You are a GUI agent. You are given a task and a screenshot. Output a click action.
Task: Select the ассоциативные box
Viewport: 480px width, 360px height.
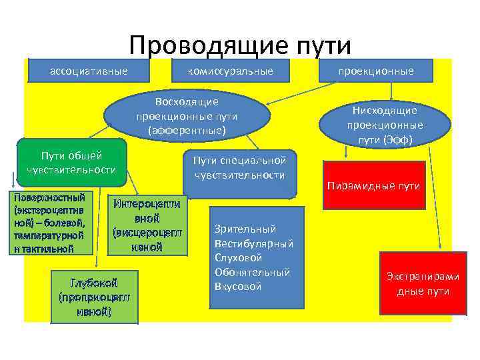tap(89, 70)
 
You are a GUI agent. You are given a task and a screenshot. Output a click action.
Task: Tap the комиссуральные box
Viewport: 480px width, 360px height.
tap(230, 70)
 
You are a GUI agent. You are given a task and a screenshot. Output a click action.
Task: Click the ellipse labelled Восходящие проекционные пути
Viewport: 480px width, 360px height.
tap(187, 116)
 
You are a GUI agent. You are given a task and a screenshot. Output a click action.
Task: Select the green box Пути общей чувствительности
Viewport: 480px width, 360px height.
tap(71, 163)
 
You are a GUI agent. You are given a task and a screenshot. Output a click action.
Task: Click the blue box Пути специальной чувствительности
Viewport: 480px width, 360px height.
tap(240, 168)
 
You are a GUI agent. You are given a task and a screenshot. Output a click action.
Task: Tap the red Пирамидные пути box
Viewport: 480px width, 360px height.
tap(374, 185)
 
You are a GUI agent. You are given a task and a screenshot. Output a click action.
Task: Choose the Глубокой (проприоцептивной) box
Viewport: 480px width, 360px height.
tap(94, 296)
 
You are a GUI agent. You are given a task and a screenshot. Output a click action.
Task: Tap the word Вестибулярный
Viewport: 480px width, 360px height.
tap(254, 243)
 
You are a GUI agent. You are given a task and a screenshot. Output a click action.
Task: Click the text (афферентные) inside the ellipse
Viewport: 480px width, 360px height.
tap(187, 130)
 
